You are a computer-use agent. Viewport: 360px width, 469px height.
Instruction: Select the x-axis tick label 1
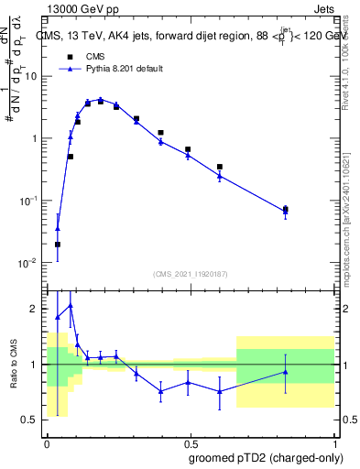pyautogui.click(x=338, y=442)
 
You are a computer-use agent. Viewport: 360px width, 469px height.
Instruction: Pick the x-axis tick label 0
pyautogui.click(x=46, y=442)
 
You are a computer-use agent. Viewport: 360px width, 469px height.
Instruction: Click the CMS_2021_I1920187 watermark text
pyautogui.click(x=191, y=273)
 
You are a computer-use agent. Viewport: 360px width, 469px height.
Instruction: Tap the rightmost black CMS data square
pyautogui.click(x=286, y=210)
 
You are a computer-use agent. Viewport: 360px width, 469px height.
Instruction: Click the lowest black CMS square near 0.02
pyautogui.click(x=58, y=245)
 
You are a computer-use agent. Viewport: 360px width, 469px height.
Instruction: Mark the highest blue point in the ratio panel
pyautogui.click(x=71, y=305)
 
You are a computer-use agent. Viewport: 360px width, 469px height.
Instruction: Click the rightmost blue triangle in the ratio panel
pyautogui.click(x=286, y=372)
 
